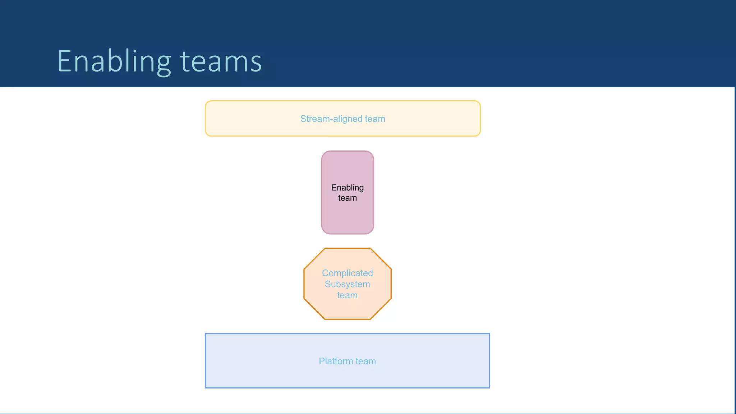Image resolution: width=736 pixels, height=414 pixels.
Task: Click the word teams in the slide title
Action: tap(221, 62)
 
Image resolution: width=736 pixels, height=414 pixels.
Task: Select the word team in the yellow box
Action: tap(375, 119)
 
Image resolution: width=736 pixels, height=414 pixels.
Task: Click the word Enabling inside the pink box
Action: tap(347, 188)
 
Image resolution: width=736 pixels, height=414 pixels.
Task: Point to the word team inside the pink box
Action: tap(347, 198)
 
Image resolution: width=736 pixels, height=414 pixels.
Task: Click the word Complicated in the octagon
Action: tap(347, 273)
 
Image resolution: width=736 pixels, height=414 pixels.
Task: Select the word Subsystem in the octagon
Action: tap(347, 284)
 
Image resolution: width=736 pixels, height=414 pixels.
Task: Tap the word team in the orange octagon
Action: tap(347, 295)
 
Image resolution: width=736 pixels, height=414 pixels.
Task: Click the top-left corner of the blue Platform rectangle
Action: tap(206, 334)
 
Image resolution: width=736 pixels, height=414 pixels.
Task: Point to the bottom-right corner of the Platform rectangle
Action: tap(489, 387)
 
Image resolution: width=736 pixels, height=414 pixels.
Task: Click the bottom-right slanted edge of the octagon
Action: tap(381, 309)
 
